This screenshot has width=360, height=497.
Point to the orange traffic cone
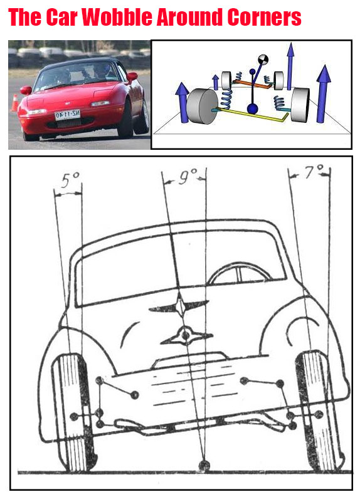pos(14,103)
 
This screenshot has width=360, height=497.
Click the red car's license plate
pos(67,115)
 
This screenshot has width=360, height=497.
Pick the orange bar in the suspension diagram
pos(253,82)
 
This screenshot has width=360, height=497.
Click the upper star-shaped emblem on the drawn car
pos(179,307)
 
